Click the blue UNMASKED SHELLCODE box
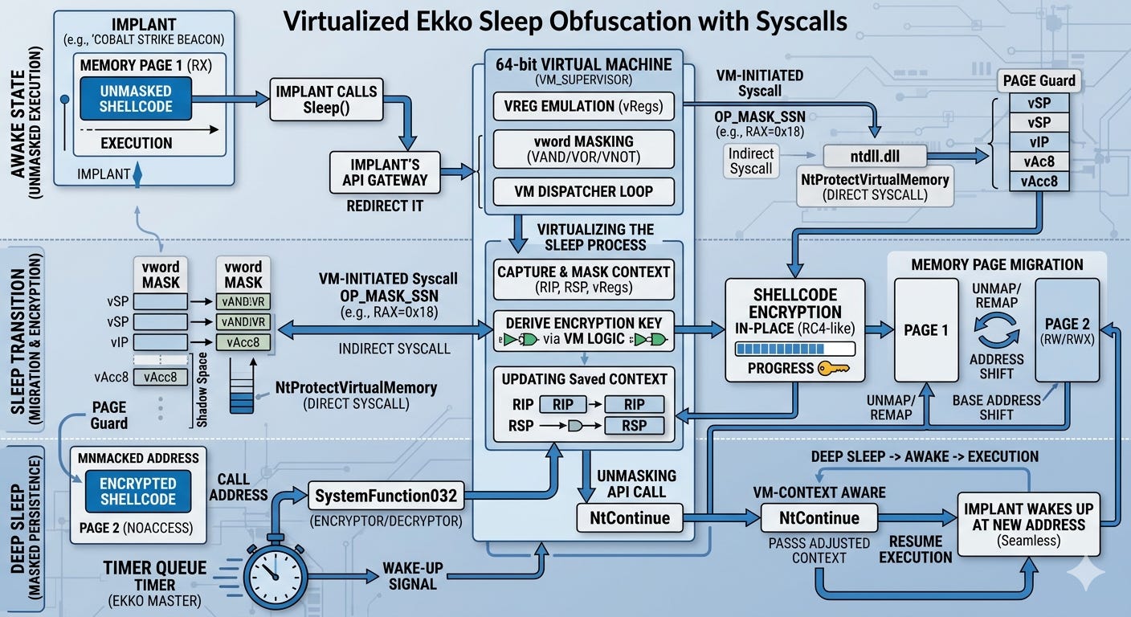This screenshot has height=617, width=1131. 137,99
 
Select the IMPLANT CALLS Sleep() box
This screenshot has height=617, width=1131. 325,100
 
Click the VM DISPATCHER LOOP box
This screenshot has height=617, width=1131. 583,191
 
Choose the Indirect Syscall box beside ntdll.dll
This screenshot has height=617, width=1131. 752,161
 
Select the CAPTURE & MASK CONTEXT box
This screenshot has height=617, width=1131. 583,279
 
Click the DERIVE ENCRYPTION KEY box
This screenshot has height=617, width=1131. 583,331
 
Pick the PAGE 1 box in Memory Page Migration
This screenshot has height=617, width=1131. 926,330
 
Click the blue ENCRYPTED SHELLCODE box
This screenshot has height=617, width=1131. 137,492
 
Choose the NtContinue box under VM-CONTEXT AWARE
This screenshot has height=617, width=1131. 820,518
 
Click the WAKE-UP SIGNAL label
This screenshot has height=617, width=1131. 413,577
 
